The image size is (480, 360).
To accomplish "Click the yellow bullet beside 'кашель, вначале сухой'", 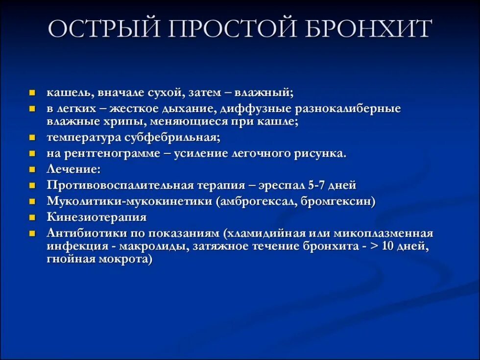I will [x=32, y=93].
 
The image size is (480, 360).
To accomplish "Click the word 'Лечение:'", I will [x=74, y=169].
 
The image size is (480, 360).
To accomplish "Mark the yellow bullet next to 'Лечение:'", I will [x=32, y=169].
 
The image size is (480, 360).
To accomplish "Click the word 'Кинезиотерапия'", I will [x=97, y=217].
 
